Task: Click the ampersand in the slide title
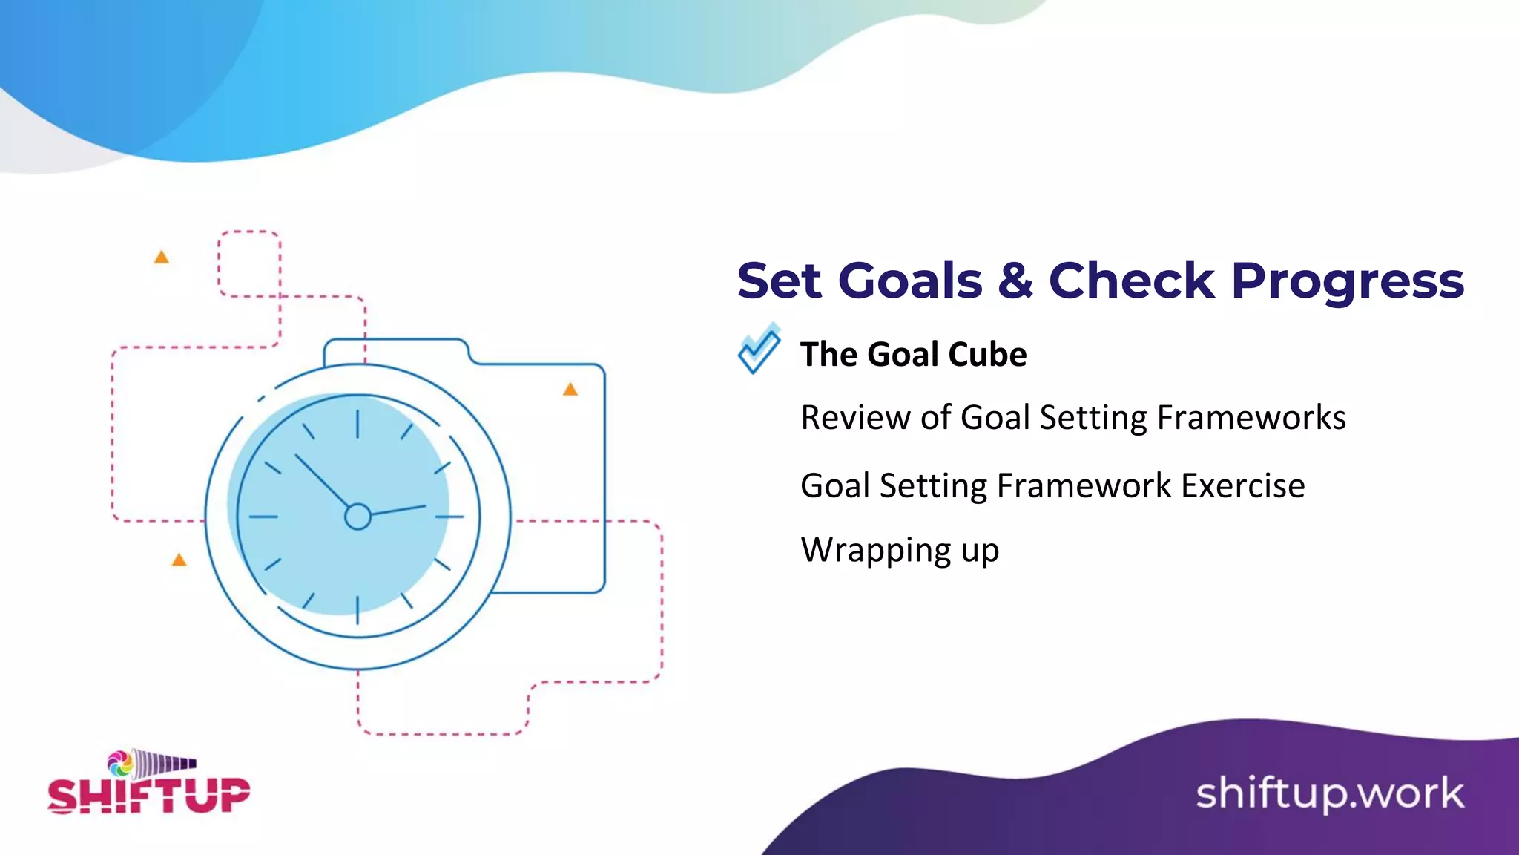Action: click(x=1015, y=281)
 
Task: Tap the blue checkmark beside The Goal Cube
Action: click(x=759, y=350)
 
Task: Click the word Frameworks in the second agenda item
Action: click(x=1251, y=418)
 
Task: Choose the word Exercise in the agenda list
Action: click(x=1242, y=486)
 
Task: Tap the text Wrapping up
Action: click(x=900, y=551)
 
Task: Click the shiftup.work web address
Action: click(x=1329, y=793)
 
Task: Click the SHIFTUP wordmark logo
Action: click(x=148, y=796)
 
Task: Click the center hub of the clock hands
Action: click(x=357, y=517)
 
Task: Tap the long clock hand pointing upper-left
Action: click(x=322, y=481)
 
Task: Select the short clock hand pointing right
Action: click(x=398, y=510)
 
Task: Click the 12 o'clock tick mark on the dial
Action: click(x=357, y=424)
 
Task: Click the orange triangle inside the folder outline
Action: click(x=570, y=390)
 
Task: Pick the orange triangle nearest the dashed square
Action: click(x=161, y=258)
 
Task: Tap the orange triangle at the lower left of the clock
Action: click(x=179, y=560)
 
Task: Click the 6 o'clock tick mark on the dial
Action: click(x=357, y=609)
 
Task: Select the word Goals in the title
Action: click(x=910, y=282)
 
